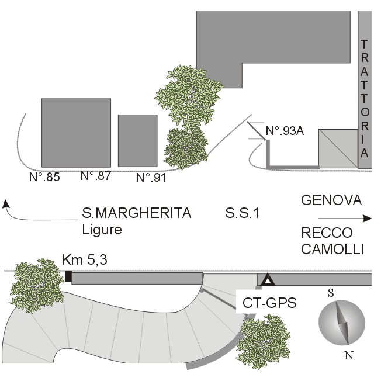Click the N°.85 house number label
point(44,176)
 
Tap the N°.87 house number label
point(95,175)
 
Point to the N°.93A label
point(285,132)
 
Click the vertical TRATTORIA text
point(364,99)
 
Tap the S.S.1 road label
point(242,213)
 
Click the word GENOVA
point(331,201)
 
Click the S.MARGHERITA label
point(136,213)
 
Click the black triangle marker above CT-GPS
point(268,281)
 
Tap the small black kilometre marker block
point(68,277)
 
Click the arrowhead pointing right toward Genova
point(368,219)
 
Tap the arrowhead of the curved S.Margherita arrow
point(6,203)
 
